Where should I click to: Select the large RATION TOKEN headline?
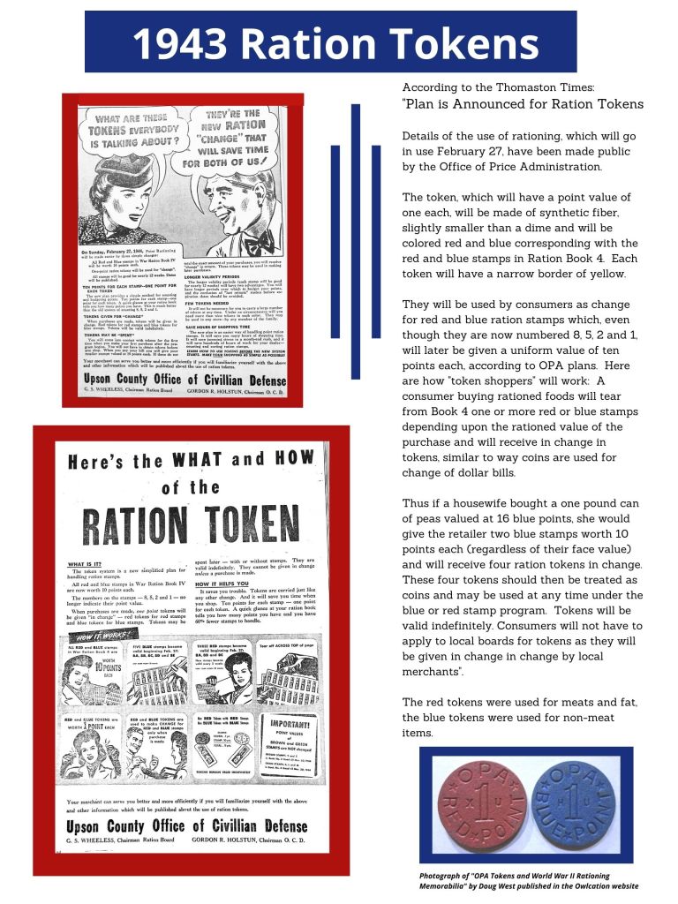tap(190, 525)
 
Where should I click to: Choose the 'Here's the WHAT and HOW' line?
tap(190, 462)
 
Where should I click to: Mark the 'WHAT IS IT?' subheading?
tap(89, 564)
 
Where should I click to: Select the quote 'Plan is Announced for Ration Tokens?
tap(523, 104)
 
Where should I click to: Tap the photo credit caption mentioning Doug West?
tap(528, 880)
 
